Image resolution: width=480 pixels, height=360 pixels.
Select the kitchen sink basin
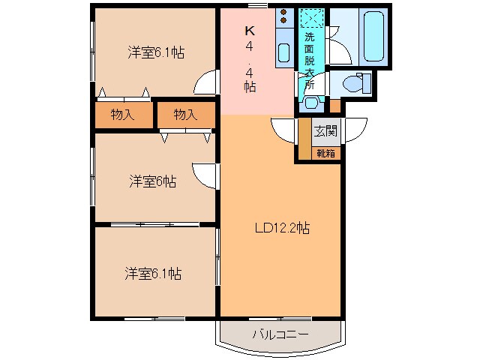tap(283, 52)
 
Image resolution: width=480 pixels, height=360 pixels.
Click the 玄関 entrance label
tap(325, 131)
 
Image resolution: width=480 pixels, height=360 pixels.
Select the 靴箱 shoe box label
tap(325, 153)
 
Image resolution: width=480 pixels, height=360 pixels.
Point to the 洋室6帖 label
tap(152, 181)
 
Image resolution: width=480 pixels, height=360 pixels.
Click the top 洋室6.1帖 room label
tap(156, 52)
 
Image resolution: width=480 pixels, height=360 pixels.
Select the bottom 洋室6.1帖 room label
tap(153, 273)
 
